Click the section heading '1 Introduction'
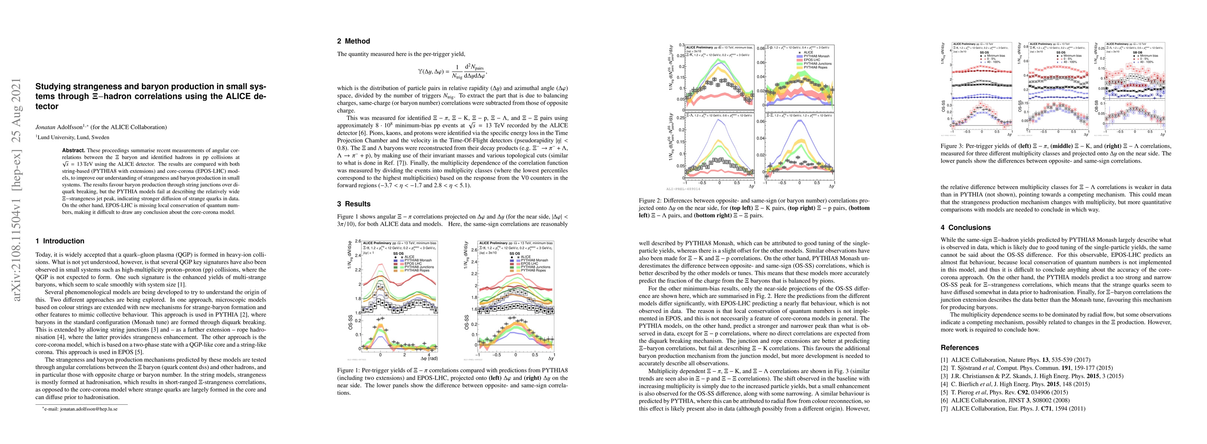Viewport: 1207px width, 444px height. pos(60,241)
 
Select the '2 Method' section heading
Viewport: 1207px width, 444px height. pos(353,41)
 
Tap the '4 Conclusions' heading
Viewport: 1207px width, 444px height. pos(966,228)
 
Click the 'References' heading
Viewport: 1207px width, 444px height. pos(960,347)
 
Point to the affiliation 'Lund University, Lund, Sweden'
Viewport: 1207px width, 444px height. pos(74,137)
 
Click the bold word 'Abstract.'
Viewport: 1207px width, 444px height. pos(74,150)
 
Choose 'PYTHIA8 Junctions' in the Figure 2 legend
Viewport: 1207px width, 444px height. pos(817,64)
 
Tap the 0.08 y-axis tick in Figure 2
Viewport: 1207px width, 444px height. pos(761,49)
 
